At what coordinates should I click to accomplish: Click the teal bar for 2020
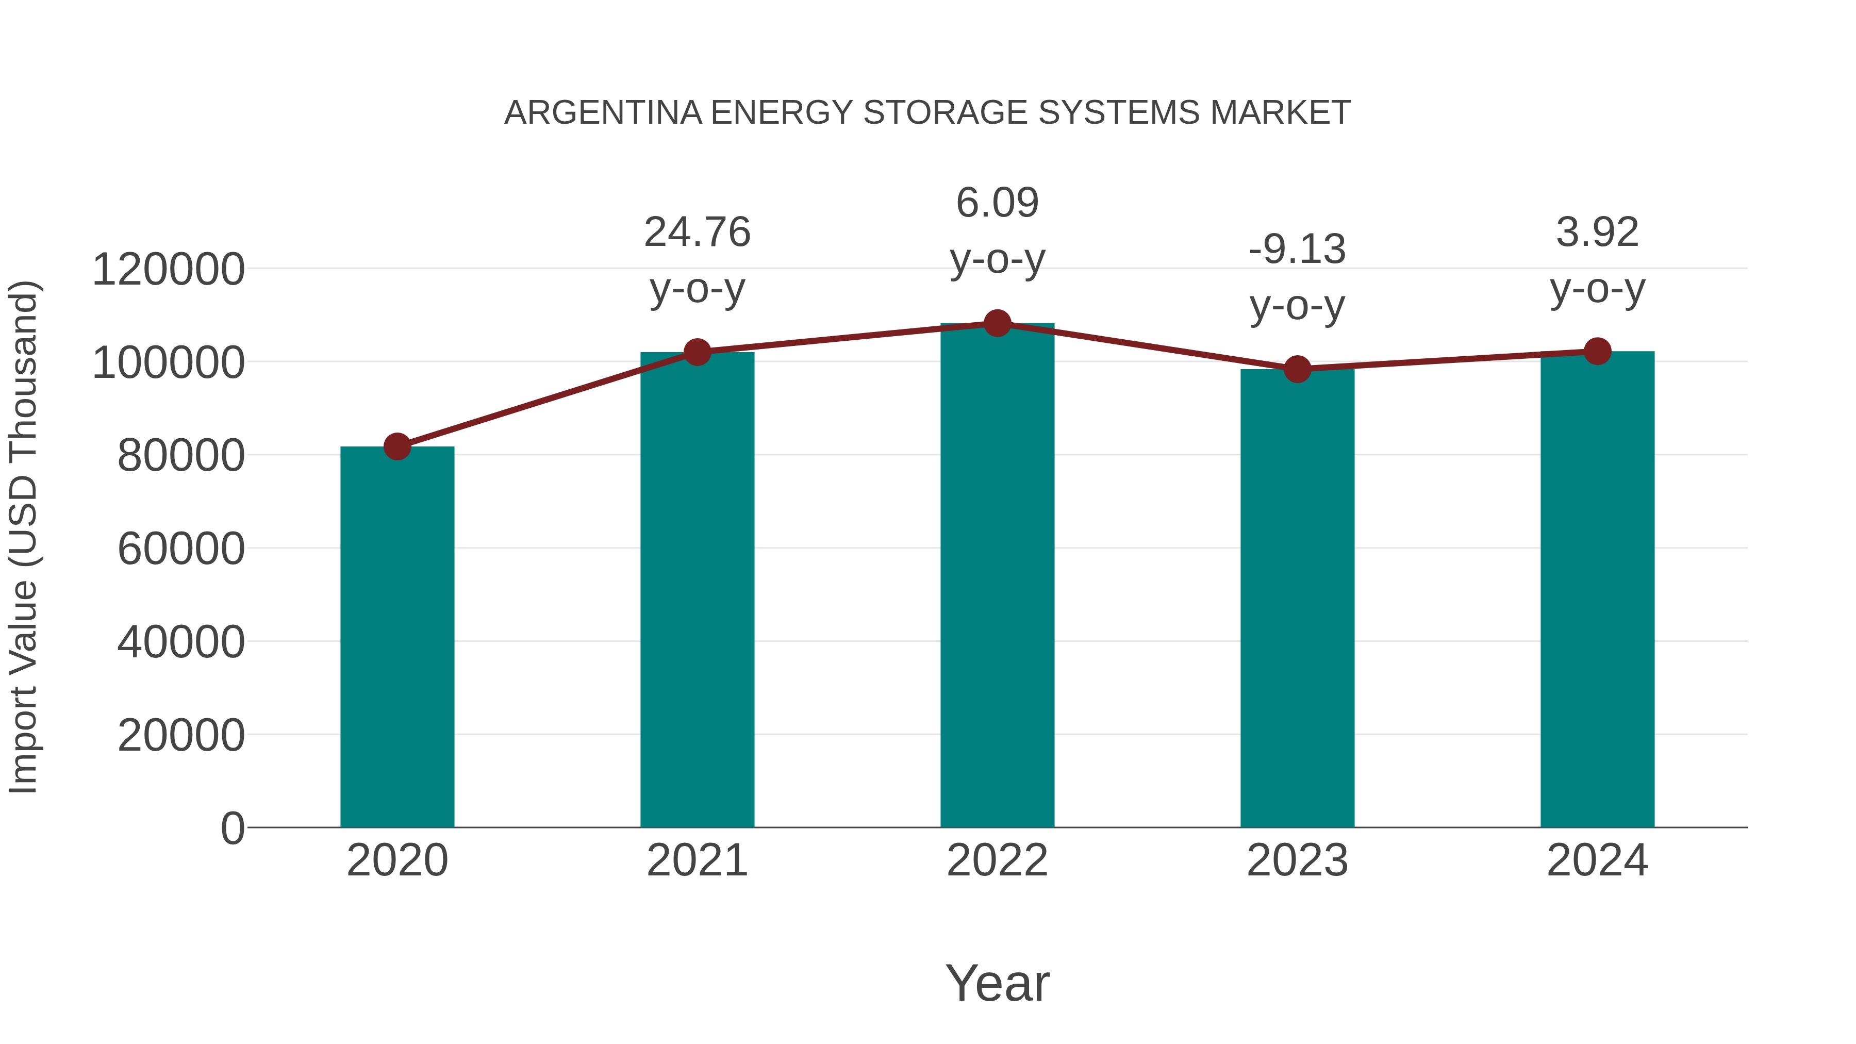coord(397,638)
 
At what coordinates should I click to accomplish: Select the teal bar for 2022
coord(997,576)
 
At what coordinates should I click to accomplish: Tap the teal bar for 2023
coord(1297,598)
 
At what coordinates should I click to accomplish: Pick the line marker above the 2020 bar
coord(397,446)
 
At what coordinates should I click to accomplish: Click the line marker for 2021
coord(698,352)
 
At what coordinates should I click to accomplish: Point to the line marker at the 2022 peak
coord(997,323)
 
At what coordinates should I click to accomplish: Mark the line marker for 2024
coord(1597,351)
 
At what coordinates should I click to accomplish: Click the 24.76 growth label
coord(698,232)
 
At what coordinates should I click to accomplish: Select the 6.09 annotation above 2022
coord(997,203)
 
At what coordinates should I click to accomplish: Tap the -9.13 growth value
coord(1297,250)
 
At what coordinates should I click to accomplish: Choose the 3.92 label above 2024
coord(1597,232)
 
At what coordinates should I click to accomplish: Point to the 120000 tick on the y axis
coord(169,270)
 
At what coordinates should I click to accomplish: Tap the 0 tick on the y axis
coord(233,828)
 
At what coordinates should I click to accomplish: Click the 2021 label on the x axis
coord(698,860)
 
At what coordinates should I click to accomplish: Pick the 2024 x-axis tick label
coord(1597,860)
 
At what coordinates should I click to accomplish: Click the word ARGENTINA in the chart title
coord(603,113)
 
